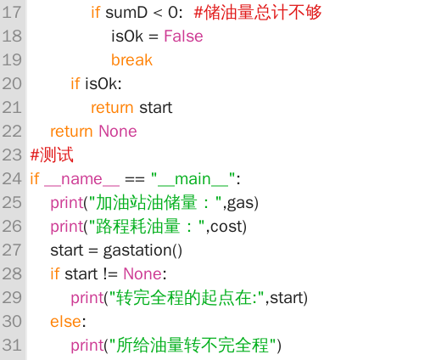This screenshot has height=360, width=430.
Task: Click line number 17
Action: coord(12,13)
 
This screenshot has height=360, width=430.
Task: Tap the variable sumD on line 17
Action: coord(126,13)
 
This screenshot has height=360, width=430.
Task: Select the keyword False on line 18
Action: coord(183,37)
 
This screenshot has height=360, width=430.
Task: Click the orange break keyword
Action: coord(131,60)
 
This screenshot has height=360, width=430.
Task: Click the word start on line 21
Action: coord(156,108)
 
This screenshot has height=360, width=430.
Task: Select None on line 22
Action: coord(118,132)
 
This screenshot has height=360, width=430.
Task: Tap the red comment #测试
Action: coord(52,155)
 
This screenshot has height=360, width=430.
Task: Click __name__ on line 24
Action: coord(81,179)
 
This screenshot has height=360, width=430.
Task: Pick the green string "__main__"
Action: coord(193,179)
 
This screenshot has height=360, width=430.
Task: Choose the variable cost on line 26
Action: coord(226,227)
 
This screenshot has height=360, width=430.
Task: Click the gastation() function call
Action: coord(142,250)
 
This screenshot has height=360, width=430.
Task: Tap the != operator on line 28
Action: coord(110,274)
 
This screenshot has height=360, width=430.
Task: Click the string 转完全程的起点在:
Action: coord(187,298)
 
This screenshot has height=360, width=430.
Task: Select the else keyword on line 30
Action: coord(66,322)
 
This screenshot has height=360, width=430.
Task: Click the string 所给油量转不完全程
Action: coord(193,346)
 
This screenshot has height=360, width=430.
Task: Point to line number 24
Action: coord(12,179)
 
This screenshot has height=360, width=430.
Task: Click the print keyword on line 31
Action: coord(87,346)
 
